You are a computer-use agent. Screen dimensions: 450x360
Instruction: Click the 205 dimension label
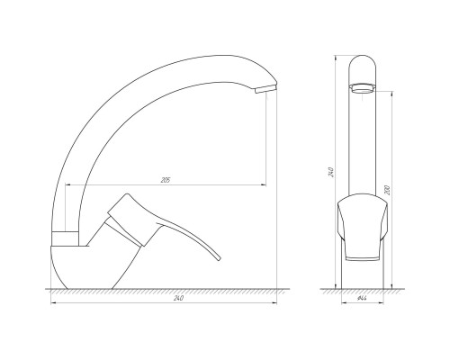point(166,180)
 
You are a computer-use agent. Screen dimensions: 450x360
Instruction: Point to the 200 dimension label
point(387,190)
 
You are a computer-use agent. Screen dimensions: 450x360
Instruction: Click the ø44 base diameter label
point(363,298)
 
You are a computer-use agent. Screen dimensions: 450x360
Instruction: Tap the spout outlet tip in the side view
point(265,88)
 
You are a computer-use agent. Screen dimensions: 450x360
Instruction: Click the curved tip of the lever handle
point(219,258)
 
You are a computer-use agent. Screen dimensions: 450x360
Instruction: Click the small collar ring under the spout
point(66,238)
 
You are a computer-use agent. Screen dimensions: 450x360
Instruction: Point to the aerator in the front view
point(363,89)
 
